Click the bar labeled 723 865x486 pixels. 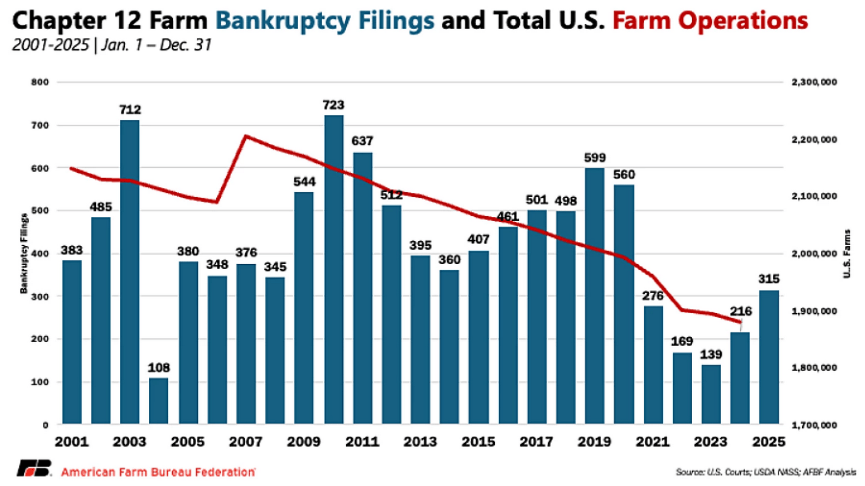click(x=333, y=270)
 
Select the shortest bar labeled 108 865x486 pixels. click(x=158, y=401)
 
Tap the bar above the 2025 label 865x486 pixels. click(x=769, y=357)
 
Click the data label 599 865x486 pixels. click(x=595, y=158)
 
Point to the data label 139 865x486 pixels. click(x=711, y=355)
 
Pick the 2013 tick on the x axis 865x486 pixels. click(x=420, y=442)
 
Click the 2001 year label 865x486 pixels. click(x=72, y=442)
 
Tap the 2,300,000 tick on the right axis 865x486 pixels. click(x=814, y=82)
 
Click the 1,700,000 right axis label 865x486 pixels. click(x=814, y=425)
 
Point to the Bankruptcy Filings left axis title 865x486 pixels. click(x=23, y=253)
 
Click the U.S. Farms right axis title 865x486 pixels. click(x=847, y=253)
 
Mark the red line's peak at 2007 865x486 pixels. click(x=246, y=136)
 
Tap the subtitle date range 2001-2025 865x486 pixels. click(x=50, y=45)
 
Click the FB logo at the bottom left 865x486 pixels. click(x=33, y=468)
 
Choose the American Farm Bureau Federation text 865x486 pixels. click(x=158, y=472)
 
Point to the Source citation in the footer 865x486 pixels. click(x=766, y=472)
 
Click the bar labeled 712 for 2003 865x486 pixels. click(x=129, y=272)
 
